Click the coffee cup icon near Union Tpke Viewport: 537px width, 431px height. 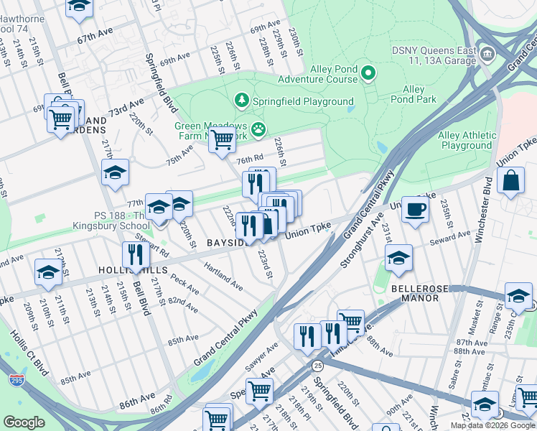point(415,210)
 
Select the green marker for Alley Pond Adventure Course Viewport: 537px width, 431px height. point(369,73)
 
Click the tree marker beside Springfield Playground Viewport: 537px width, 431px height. point(242,101)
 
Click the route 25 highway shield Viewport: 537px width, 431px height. point(298,366)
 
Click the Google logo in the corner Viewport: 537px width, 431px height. point(24,422)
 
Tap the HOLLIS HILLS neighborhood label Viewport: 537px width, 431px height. point(133,270)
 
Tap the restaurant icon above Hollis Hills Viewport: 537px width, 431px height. point(135,254)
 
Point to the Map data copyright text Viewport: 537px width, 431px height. point(492,425)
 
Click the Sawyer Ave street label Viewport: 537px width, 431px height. point(262,354)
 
